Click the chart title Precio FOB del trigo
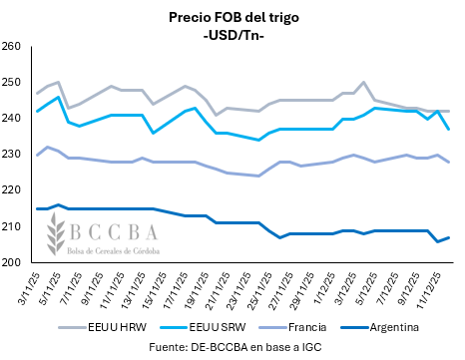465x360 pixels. pyautogui.click(x=232, y=17)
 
